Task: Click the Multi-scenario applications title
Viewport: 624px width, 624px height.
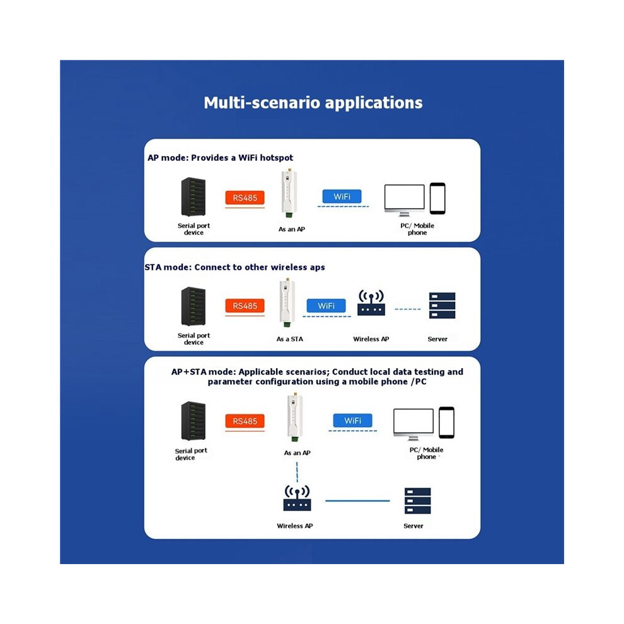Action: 313,103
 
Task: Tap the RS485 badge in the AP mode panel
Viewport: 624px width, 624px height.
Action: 245,198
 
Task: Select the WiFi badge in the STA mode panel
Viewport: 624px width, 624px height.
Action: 326,306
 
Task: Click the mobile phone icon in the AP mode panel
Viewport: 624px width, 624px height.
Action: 437,198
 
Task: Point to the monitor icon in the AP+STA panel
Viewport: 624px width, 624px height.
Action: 413,424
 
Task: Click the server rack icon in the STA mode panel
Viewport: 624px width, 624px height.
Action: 442,306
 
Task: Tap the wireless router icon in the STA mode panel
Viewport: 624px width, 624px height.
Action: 371,303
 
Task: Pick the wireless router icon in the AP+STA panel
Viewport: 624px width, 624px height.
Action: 297,498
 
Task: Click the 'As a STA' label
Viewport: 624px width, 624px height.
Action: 290,339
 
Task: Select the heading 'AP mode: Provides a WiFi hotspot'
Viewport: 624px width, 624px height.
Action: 220,158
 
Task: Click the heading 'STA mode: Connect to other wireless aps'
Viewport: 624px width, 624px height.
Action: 235,267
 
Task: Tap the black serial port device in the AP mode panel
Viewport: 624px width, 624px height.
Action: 194,197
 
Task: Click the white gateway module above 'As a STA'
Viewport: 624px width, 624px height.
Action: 287,303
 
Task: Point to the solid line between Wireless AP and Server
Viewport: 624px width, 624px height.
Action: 357,500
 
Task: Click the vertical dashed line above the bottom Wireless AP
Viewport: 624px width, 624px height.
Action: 297,472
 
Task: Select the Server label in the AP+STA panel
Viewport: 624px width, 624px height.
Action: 413,526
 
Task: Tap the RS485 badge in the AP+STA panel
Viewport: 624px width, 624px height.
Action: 245,421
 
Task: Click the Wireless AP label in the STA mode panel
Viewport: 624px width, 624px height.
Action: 371,339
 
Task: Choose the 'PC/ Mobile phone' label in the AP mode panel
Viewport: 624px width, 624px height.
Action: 417,229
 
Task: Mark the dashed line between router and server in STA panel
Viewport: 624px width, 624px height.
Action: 408,309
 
